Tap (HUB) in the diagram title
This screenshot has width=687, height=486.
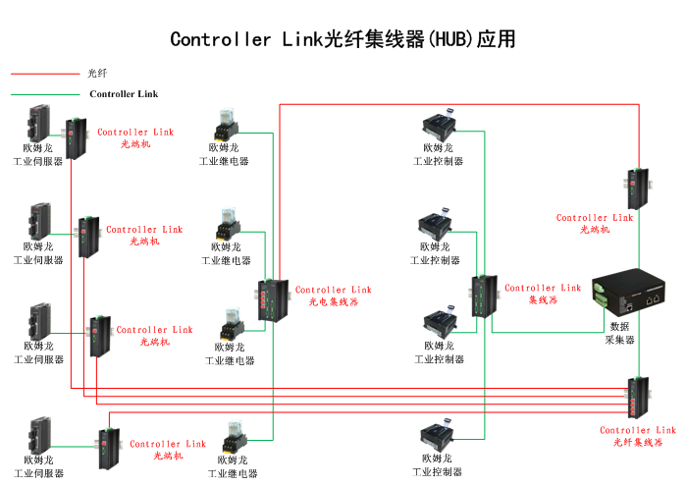point(449,40)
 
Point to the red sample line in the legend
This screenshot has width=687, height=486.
point(44,74)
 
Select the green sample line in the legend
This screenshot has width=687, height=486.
point(44,94)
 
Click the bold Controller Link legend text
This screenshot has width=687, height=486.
point(124,94)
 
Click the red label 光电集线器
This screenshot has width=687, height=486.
point(333,302)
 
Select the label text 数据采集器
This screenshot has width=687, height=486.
point(620,333)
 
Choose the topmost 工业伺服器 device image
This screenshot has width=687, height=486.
point(40,123)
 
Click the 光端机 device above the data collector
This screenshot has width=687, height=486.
point(635,187)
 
